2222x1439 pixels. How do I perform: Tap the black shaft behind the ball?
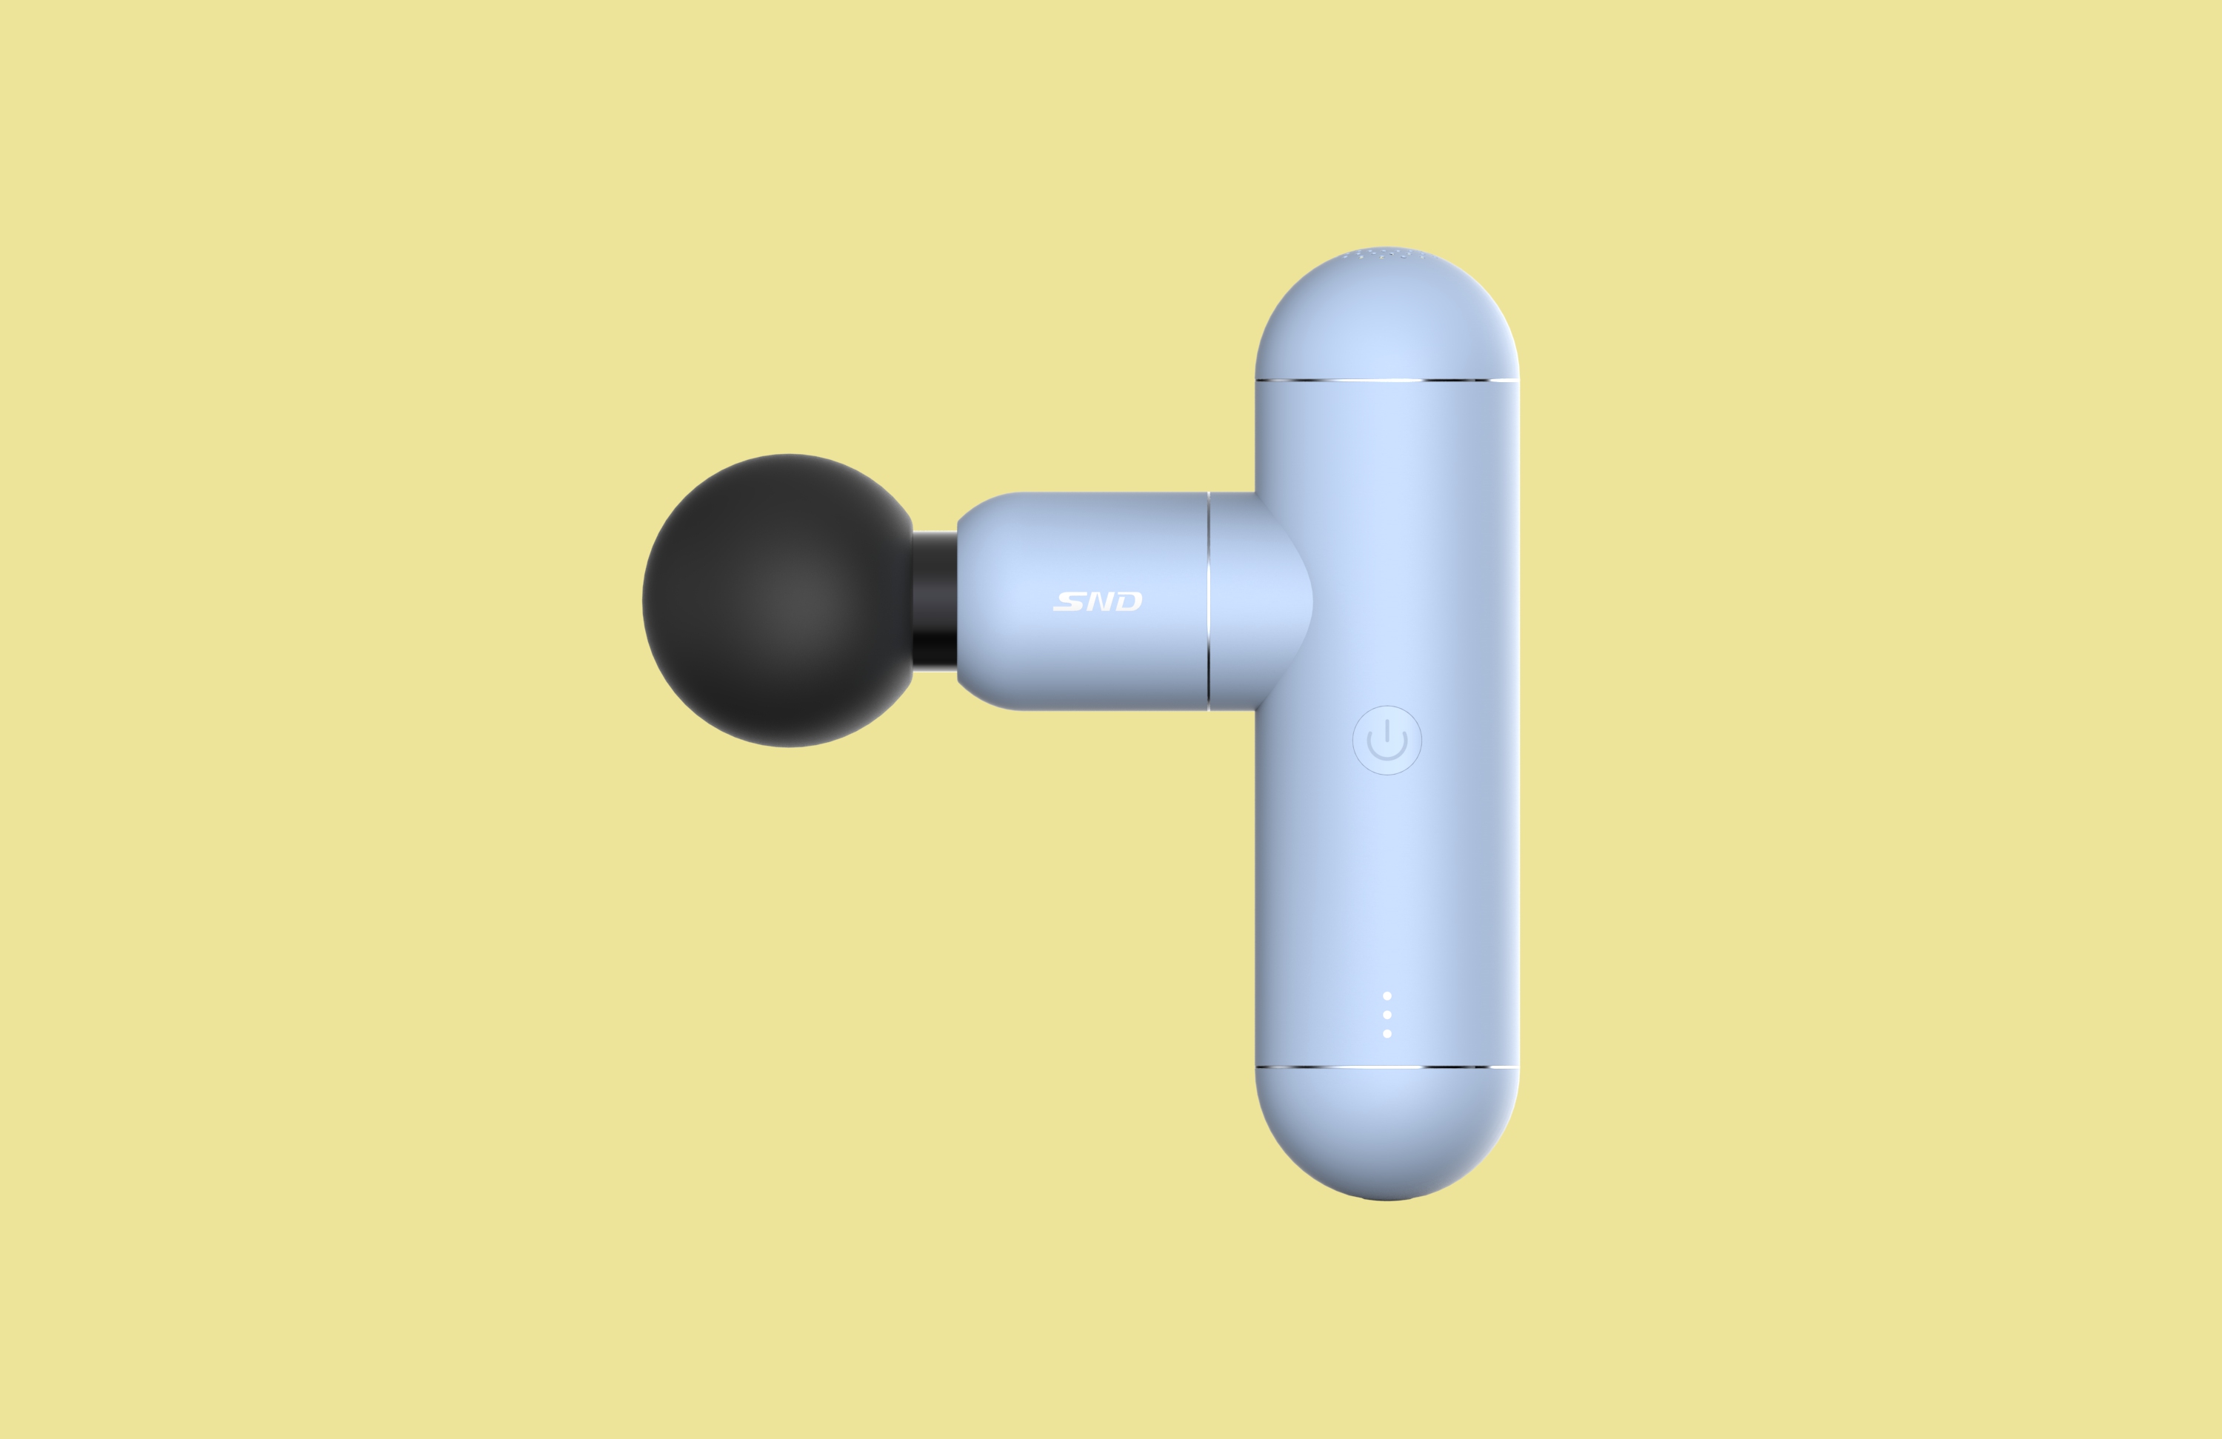(934, 601)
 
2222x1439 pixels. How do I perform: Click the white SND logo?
(1097, 601)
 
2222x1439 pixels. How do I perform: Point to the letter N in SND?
(1099, 601)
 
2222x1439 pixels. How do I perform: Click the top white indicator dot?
(1387, 995)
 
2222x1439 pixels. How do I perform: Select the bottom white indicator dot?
(1387, 1034)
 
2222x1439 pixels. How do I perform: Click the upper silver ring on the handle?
(1387, 380)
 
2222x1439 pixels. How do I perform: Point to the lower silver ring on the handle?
(1387, 1066)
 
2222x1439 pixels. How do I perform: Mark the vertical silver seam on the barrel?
(1208, 601)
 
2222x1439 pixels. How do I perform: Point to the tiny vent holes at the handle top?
(1387, 252)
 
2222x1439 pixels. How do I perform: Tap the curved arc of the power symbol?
(1387, 755)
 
